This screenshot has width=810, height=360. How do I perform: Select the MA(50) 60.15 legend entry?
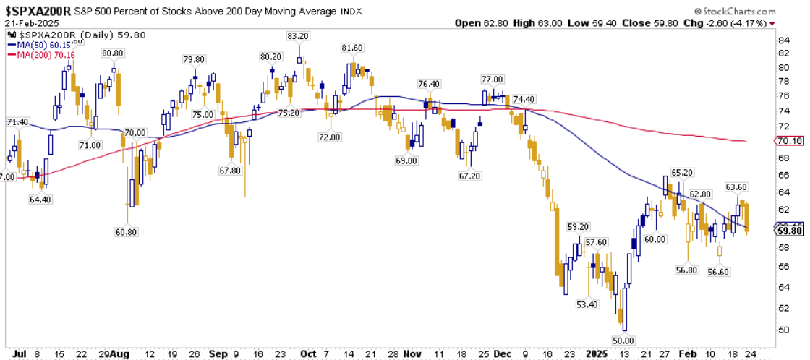tap(34, 44)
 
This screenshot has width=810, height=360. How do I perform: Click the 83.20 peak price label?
tap(299, 35)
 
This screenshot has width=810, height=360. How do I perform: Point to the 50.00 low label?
tap(623, 339)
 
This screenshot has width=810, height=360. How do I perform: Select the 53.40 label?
tap(587, 305)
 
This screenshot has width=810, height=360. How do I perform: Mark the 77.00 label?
tap(492, 80)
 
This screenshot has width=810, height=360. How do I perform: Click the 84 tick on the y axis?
tap(783, 40)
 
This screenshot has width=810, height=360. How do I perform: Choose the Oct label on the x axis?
tap(308, 353)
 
